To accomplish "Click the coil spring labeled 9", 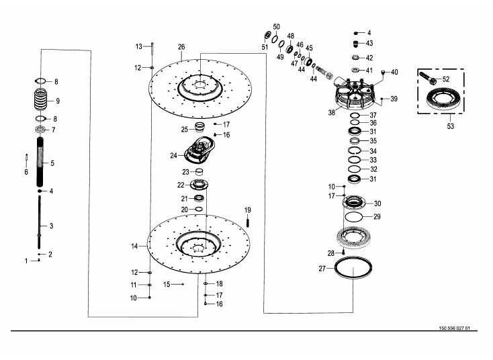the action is coord(40,99).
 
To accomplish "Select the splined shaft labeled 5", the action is coord(40,163).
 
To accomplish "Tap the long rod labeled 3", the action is coord(40,222).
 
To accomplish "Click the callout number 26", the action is coord(181,47).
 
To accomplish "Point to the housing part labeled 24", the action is coord(199,150).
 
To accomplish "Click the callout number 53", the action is coord(451,126).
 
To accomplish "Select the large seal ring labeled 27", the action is coord(353,268).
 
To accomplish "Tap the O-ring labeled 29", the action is coord(354,217).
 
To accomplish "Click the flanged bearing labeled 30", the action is coord(354,202).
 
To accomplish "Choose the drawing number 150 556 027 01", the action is coord(454,328).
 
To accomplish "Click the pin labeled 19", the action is coord(248,222).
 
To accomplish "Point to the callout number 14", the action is coord(134,246).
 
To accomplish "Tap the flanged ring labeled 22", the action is coord(199,184).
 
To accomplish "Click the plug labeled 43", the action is coord(356,44).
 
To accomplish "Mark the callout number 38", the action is coord(331,112).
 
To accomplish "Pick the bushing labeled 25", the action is coord(199,127).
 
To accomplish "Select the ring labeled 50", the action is coord(275,39).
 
